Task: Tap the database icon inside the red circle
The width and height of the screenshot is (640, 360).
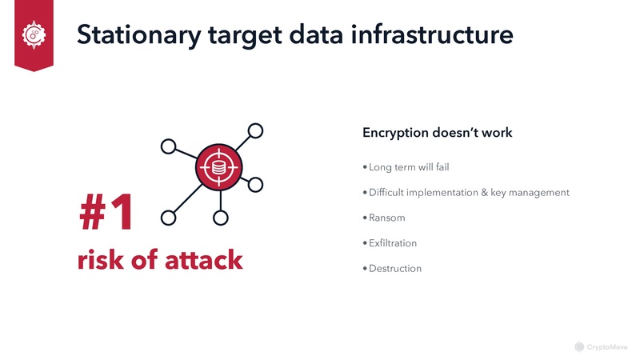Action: (x=218, y=168)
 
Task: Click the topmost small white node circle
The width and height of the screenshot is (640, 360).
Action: (x=255, y=130)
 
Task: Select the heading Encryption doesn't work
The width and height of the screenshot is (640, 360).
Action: (x=437, y=133)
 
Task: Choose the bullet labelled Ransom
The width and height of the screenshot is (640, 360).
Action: (x=387, y=218)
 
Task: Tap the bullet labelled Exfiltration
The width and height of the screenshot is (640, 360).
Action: (x=392, y=243)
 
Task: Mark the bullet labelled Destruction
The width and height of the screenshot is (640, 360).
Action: (x=394, y=269)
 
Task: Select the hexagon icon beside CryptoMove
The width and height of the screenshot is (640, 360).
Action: (x=579, y=346)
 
